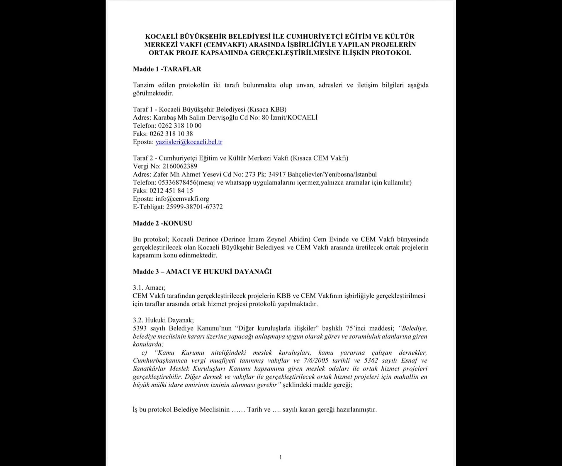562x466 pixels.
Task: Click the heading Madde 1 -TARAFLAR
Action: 167,69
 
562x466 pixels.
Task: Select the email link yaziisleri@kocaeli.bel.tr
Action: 189,142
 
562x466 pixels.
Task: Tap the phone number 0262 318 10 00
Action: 180,126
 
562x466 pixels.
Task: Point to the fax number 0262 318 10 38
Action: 171,134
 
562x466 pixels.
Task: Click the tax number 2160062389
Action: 180,166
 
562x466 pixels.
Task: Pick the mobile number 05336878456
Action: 177,183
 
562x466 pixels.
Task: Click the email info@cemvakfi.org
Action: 182,199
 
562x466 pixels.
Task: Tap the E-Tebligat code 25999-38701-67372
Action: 194,207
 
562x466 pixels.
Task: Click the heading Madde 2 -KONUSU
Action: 162,223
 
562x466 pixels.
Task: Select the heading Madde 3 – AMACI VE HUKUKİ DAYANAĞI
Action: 202,272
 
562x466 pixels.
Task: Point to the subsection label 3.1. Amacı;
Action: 149,288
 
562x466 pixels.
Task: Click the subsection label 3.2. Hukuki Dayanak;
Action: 163,320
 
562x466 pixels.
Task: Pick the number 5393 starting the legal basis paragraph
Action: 140,328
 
